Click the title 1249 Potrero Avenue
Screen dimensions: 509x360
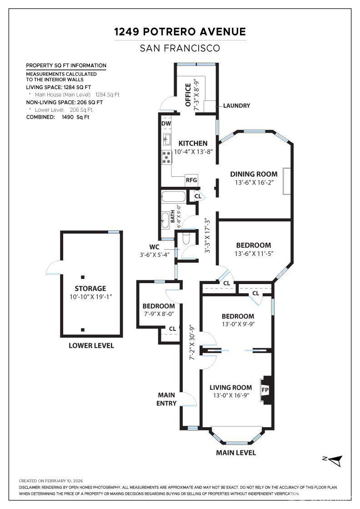pos(180,32)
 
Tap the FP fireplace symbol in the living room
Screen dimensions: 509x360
pos(265,389)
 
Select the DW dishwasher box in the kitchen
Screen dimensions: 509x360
pos(166,123)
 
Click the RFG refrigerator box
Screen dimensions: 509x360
pos(191,180)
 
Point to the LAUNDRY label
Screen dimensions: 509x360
pos(236,106)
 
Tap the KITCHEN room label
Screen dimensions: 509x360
pos(193,144)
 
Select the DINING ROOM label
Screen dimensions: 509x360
pos(254,174)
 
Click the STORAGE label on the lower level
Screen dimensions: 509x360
pos(90,289)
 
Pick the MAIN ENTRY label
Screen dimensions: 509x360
pos(166,399)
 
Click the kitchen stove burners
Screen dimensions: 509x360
pos(166,157)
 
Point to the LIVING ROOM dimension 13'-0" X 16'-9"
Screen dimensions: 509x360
pos(230,395)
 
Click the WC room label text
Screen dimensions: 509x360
pos(154,247)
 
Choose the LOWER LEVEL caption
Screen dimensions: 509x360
pos(91,345)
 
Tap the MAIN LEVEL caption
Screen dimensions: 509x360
pos(235,453)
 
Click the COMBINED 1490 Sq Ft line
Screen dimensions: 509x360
pos(58,117)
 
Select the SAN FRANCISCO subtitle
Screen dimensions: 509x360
pos(180,48)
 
